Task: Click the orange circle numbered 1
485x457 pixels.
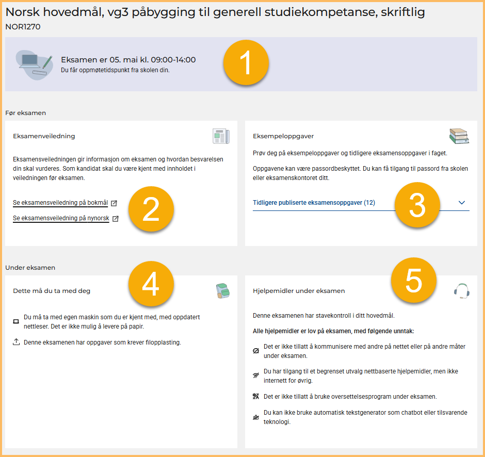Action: [x=246, y=62]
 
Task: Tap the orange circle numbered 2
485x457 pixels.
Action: [x=151, y=209]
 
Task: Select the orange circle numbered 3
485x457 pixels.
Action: [x=417, y=205]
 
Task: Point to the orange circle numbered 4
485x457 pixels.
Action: [x=151, y=284]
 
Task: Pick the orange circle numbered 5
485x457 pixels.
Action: [x=414, y=280]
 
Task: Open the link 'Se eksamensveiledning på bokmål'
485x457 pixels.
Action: [x=60, y=203]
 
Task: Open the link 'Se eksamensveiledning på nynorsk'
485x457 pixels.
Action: [x=61, y=218]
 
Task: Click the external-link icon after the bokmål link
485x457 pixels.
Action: [x=114, y=203]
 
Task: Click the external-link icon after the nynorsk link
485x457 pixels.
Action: [x=116, y=219]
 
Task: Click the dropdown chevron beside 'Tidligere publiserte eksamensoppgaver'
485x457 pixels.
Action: [x=461, y=203]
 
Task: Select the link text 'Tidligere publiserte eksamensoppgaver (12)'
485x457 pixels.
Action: [x=314, y=203]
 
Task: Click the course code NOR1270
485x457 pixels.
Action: [x=23, y=27]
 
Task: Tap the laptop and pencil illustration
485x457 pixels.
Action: [x=35, y=64]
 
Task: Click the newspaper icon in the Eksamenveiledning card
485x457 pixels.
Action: [x=221, y=136]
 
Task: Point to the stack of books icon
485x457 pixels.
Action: [x=459, y=136]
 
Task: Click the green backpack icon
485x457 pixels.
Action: [x=223, y=291]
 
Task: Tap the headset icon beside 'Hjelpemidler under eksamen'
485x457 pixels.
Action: [x=461, y=291]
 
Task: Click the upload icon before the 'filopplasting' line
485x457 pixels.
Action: [x=16, y=341]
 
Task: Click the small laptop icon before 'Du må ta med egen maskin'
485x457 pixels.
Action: [x=16, y=321]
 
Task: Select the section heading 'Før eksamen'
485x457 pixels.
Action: [x=25, y=113]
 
